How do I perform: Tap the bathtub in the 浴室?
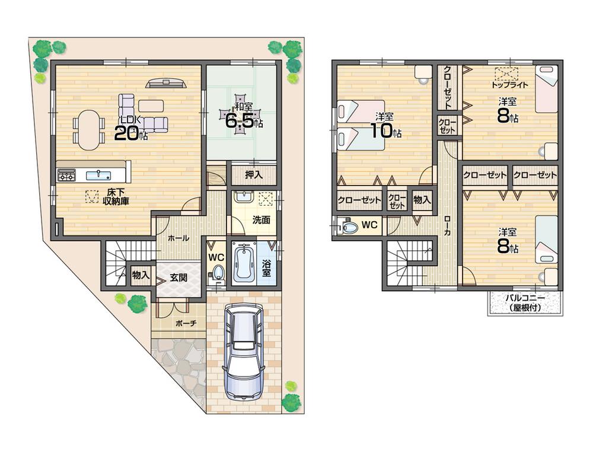[244, 262]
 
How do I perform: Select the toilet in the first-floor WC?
[218, 273]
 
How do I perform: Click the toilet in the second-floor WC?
[349, 226]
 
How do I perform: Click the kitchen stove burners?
[66, 175]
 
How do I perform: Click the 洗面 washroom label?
[261, 219]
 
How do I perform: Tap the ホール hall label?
[178, 238]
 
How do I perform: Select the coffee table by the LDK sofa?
[151, 106]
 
